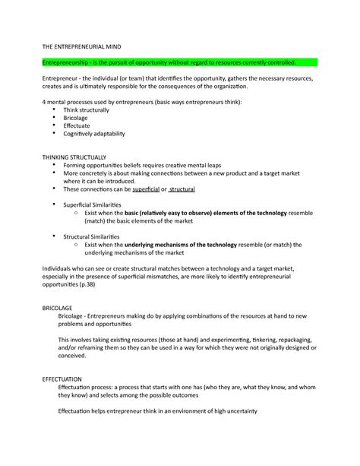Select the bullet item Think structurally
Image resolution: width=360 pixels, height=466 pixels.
90,110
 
